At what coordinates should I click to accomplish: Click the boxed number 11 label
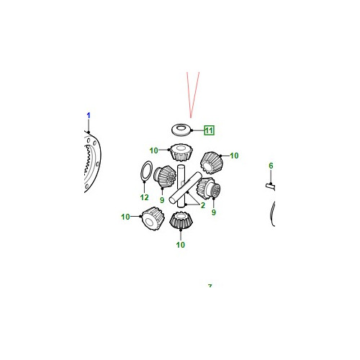pyautogui.click(x=209, y=130)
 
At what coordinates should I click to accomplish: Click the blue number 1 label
pyautogui.click(x=89, y=115)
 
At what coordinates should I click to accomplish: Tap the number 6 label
pyautogui.click(x=271, y=166)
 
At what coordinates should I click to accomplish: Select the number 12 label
pyautogui.click(x=144, y=197)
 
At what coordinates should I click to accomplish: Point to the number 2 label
pyautogui.click(x=203, y=205)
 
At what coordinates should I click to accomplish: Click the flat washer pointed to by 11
pyautogui.click(x=181, y=130)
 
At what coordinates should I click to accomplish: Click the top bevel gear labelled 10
pyautogui.click(x=181, y=152)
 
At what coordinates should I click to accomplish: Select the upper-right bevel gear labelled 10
pyautogui.click(x=212, y=163)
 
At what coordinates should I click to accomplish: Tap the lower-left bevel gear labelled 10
pyautogui.click(x=153, y=219)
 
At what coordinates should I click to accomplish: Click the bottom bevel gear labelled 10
pyautogui.click(x=181, y=220)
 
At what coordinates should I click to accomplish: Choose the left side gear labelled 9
pyautogui.click(x=165, y=176)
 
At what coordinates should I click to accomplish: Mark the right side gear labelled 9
pyautogui.click(x=208, y=189)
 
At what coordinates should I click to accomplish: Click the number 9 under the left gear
pyautogui.click(x=162, y=200)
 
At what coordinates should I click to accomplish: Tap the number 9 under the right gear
pyautogui.click(x=214, y=212)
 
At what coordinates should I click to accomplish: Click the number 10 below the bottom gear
pyautogui.click(x=181, y=245)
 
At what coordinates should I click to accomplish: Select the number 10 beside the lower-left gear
pyautogui.click(x=125, y=217)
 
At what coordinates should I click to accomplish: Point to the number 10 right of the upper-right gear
pyautogui.click(x=234, y=156)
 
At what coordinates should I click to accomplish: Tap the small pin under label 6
pyautogui.click(x=270, y=186)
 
